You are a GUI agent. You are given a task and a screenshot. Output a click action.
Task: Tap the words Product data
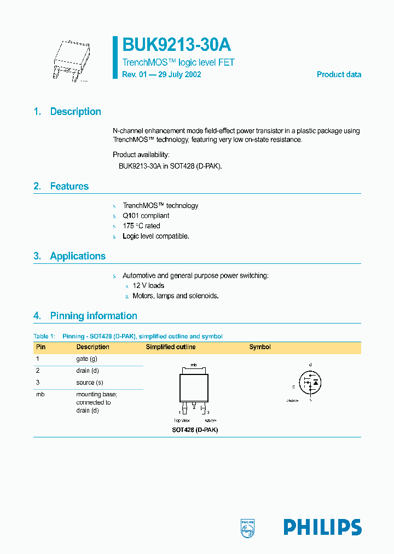coord(339,74)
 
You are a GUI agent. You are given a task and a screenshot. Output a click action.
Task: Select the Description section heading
coord(76,112)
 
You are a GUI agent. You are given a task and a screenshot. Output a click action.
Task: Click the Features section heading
coord(69,187)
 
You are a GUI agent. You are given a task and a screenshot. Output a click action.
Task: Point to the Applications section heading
coord(78,256)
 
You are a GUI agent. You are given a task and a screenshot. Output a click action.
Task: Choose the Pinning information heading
coord(93,316)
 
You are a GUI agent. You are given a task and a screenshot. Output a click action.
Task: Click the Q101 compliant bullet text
coord(146,216)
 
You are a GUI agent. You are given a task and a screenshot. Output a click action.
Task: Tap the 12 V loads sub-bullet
coord(148,286)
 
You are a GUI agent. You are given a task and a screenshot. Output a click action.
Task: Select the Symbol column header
coord(260,347)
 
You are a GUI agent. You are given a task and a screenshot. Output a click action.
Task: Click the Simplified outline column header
coord(170,347)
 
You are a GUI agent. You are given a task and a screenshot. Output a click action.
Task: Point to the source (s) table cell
coord(90,383)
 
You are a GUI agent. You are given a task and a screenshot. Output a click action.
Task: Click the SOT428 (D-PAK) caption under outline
coord(195,430)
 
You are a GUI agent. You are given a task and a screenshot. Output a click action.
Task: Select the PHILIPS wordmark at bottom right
coord(322,527)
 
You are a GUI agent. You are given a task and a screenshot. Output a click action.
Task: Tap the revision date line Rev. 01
coord(161,74)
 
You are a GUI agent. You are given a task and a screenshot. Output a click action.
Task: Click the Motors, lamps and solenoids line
coord(176,296)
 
